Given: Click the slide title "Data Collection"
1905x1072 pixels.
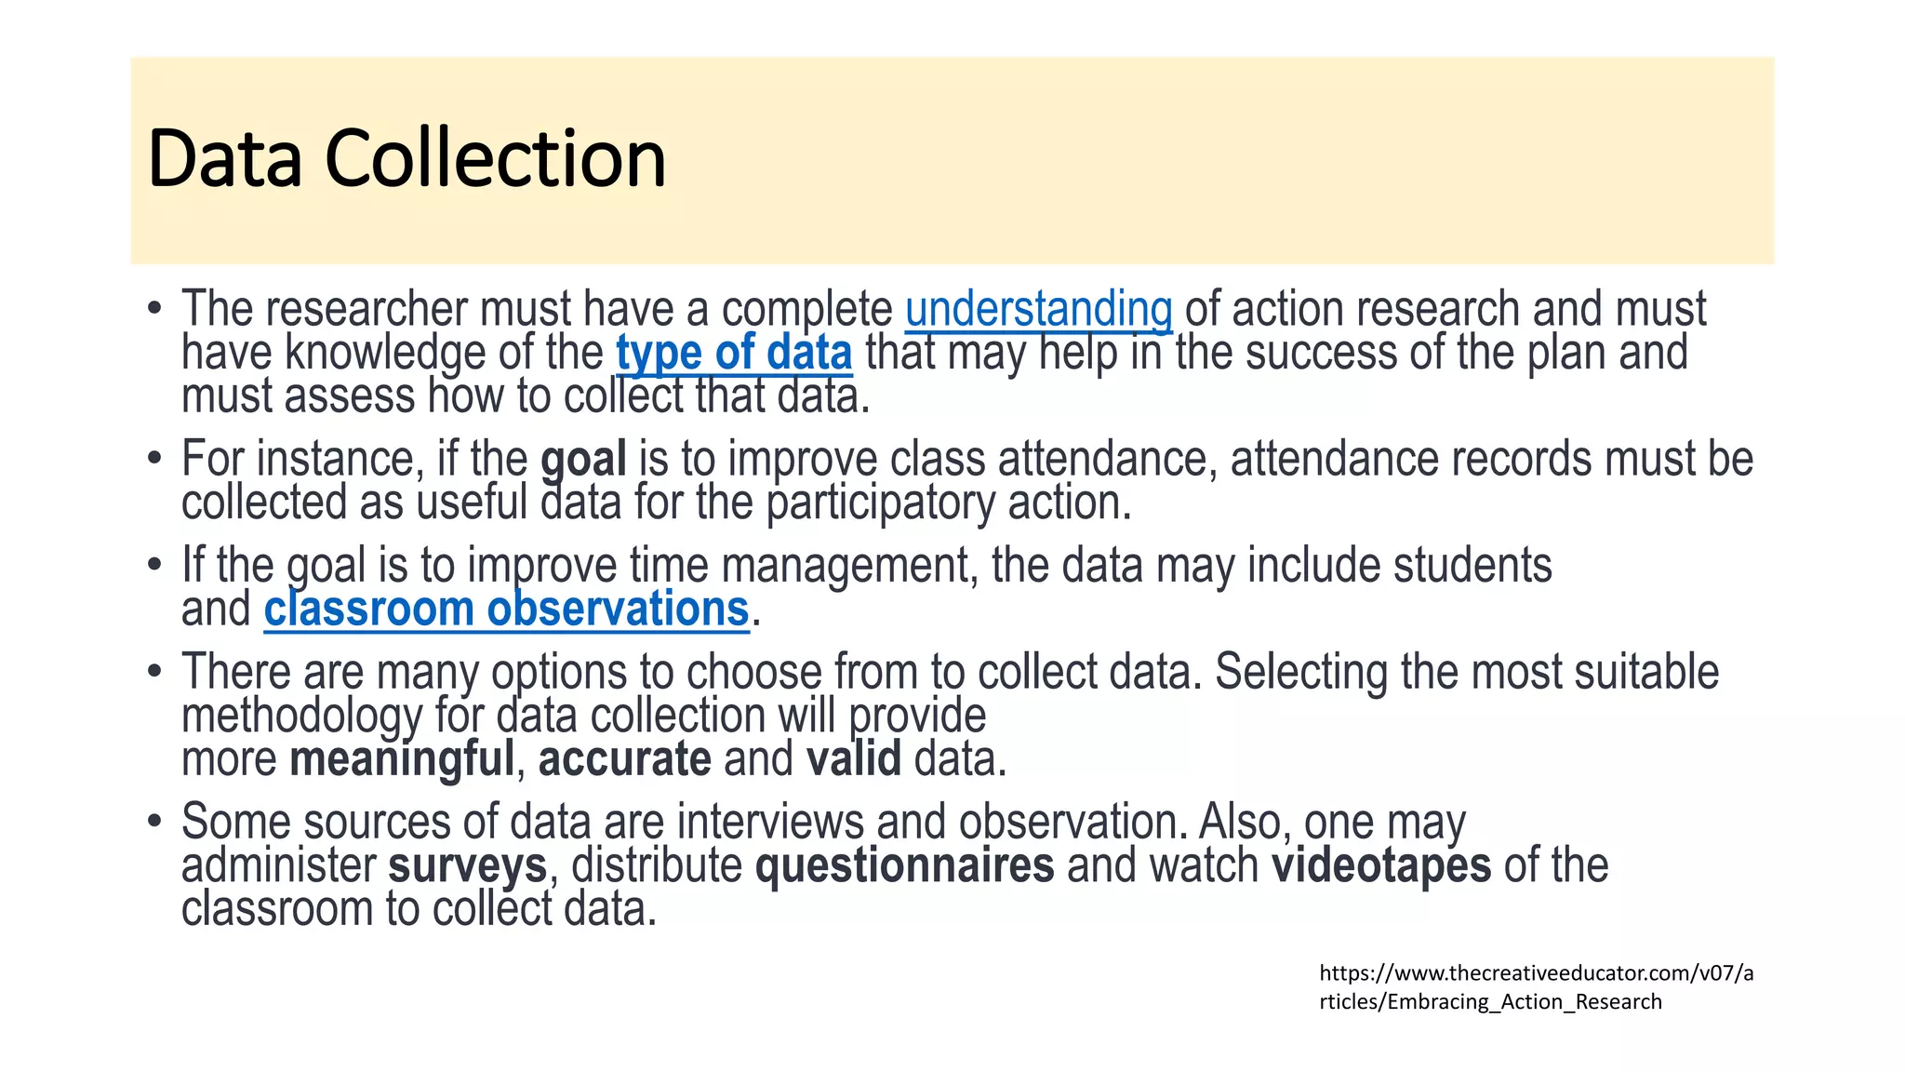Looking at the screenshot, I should (406, 158).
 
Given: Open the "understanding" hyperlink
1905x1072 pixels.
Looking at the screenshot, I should (1038, 310).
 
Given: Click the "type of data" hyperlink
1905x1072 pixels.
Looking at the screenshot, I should (734, 354).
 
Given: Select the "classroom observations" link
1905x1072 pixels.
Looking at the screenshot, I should (506, 610).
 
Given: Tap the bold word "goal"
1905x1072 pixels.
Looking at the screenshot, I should (583, 460).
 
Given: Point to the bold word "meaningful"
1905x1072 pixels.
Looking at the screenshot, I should (402, 759).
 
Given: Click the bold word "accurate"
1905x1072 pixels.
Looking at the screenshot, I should (624, 759).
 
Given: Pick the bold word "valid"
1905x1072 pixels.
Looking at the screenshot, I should (853, 759).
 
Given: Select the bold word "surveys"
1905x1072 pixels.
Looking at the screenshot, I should (467, 866).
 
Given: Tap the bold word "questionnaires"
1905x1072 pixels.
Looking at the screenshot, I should (904, 866).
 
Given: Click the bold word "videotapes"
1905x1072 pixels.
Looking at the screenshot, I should (1381, 866).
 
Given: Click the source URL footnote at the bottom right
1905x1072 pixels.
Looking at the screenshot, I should (1536, 987).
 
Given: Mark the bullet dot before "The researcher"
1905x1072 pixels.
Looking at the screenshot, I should (155, 310).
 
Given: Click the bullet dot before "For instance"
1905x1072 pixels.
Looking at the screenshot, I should (155, 460).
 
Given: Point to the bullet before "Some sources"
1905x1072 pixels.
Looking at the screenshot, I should (155, 823).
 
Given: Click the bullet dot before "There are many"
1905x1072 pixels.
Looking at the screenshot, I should (155, 673).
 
